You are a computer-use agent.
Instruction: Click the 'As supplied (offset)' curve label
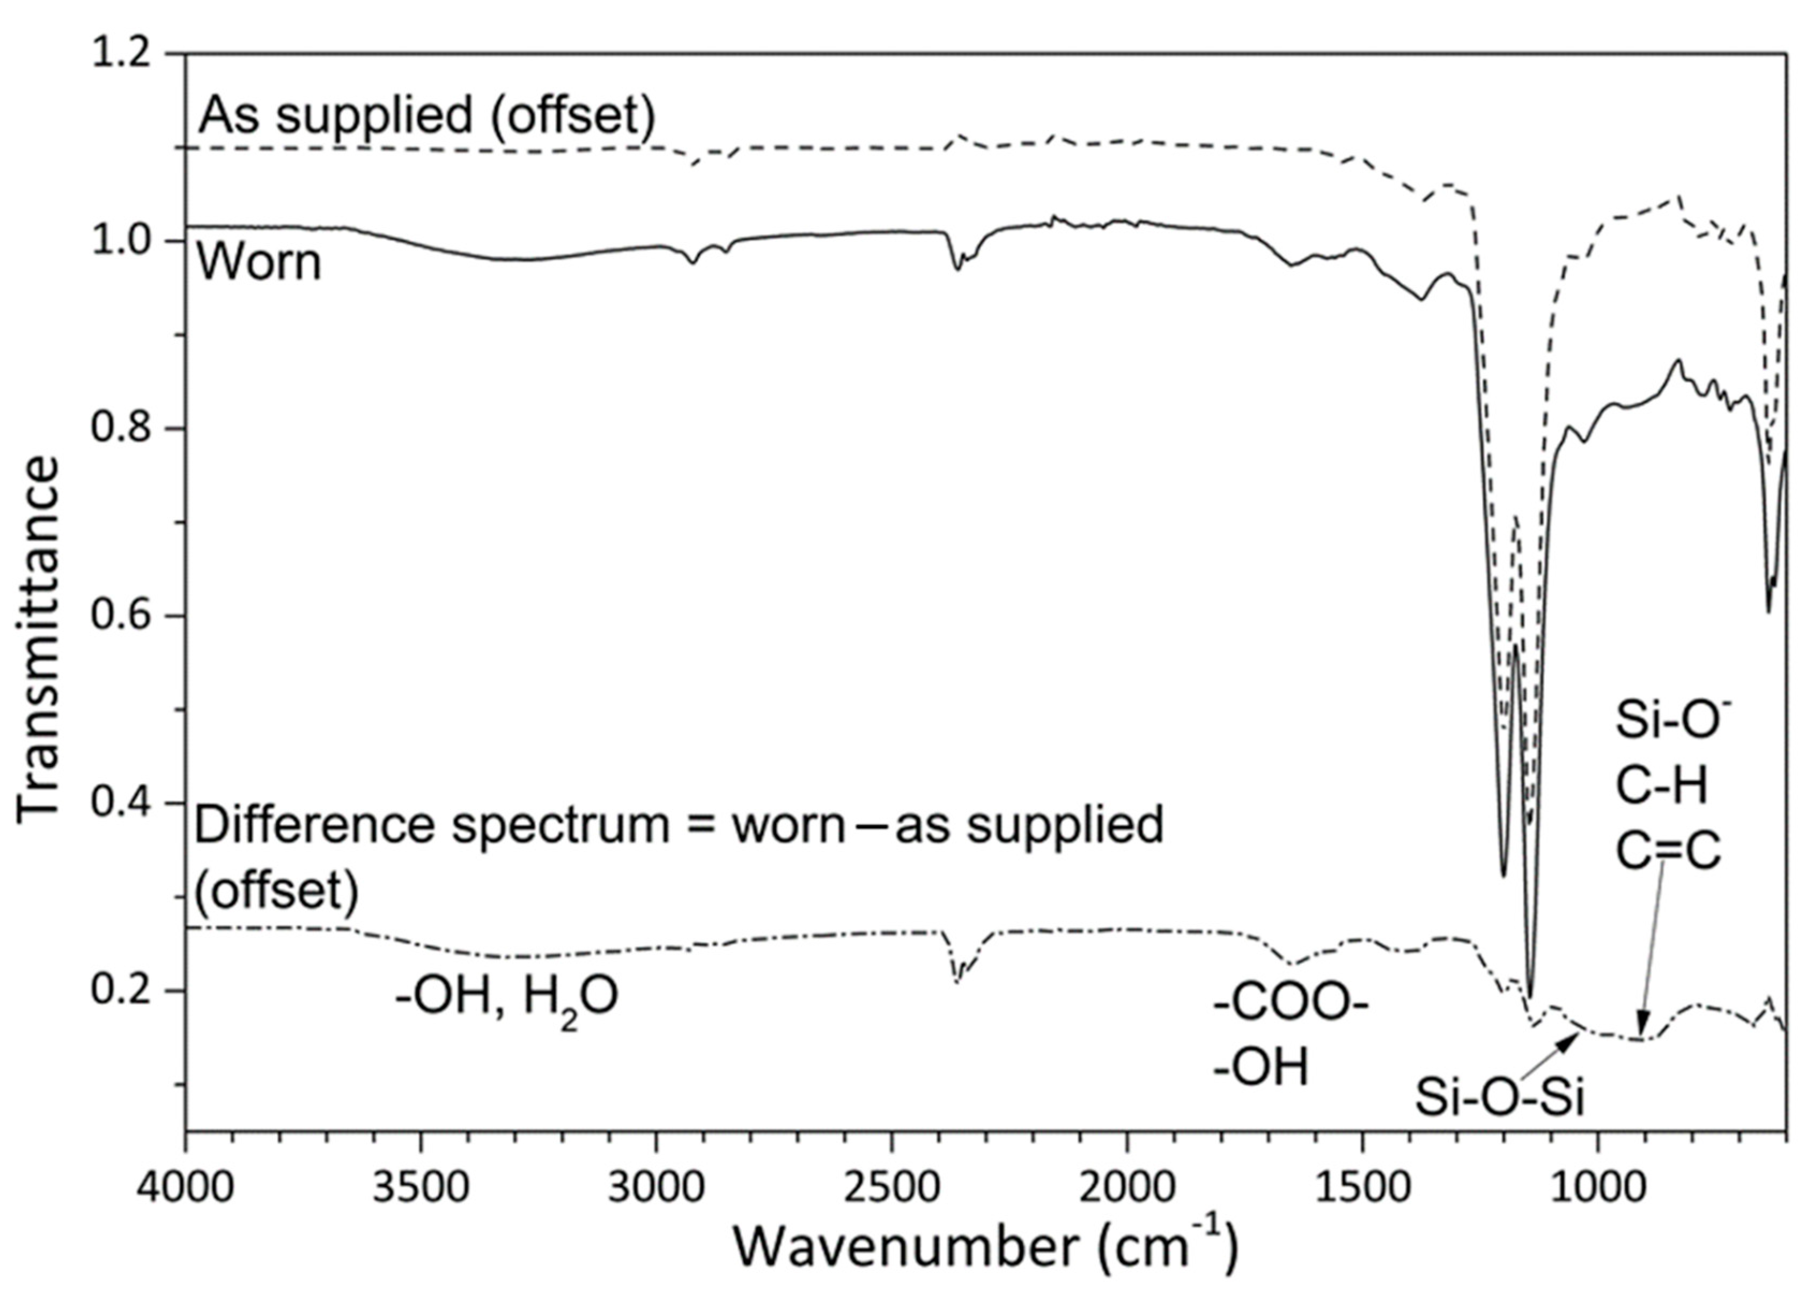point(426,115)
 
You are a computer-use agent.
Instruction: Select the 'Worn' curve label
point(258,263)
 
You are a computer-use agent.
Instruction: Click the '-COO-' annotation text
point(1290,1007)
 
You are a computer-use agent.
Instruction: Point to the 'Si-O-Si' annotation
point(1499,1098)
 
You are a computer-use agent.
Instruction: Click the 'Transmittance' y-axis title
point(38,637)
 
